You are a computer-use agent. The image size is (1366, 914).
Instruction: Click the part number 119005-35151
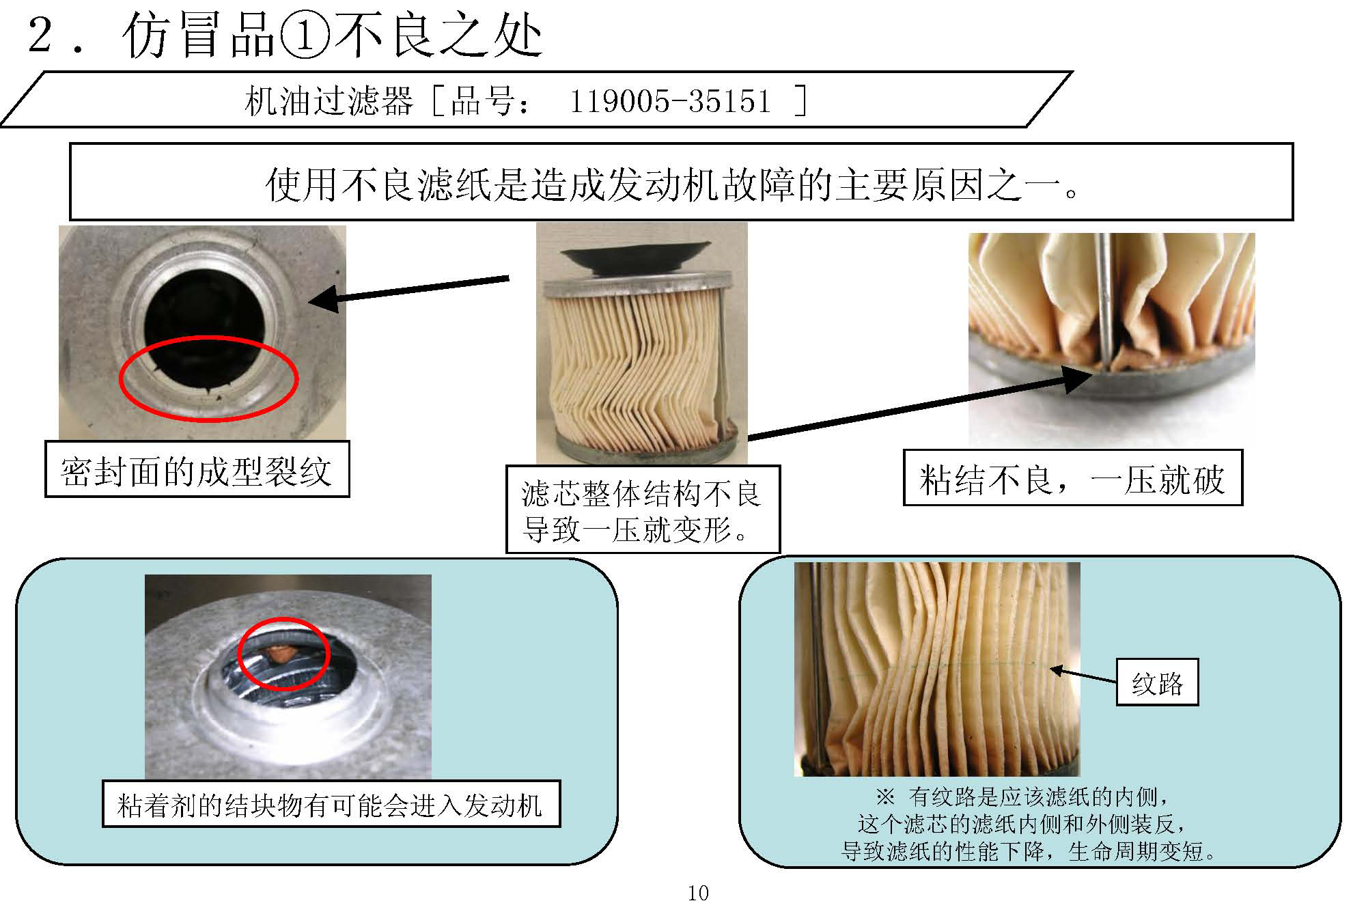pos(670,102)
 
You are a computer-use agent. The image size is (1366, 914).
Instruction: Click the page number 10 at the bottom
pos(697,893)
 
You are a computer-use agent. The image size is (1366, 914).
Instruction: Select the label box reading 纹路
pos(1157,682)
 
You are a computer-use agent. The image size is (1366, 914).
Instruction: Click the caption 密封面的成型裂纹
pos(197,471)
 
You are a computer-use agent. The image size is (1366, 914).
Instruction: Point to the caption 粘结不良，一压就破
pos(1072,479)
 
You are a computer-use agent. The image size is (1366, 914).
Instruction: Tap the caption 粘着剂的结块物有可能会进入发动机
pos(331,805)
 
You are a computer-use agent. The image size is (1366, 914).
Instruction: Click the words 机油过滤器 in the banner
pos(329,102)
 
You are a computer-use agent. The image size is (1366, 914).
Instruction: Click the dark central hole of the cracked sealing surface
pos(204,321)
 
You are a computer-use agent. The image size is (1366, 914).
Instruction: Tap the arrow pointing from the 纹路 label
pos(1083,676)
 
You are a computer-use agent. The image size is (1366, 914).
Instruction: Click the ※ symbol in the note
pos(885,797)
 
